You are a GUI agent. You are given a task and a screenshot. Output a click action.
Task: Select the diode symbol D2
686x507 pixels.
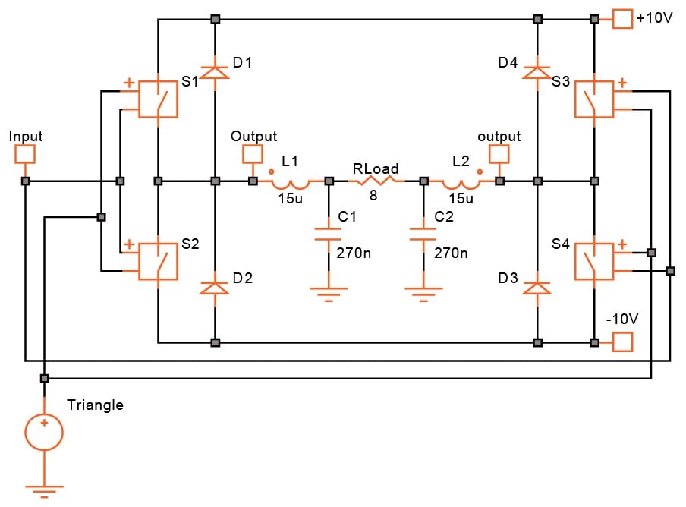(214, 288)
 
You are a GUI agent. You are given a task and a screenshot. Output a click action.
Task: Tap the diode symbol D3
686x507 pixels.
(537, 288)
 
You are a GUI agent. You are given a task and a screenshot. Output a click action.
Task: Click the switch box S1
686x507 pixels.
(158, 99)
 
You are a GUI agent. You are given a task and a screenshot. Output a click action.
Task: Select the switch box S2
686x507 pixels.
(158, 262)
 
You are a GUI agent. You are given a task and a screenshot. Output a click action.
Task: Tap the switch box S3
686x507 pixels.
(593, 99)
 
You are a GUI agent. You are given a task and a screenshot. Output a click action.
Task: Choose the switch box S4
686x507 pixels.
(593, 262)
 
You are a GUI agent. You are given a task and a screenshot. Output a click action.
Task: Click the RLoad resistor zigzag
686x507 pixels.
(376, 181)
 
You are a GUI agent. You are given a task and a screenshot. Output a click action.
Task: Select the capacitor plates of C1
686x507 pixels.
(329, 234)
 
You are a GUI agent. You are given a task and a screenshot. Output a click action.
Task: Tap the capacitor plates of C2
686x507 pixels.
(423, 234)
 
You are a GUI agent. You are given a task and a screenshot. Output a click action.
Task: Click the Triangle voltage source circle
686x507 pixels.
(44, 432)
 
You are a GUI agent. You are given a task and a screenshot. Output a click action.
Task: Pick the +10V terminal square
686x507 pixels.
(622, 19)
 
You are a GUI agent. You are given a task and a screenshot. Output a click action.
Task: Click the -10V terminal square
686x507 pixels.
(622, 342)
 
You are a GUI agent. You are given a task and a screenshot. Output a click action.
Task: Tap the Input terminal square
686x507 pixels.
(25, 154)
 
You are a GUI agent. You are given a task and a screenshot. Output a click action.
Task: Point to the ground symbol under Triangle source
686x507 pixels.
(44, 492)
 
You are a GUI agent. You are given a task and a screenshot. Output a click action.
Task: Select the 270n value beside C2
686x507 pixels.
(451, 253)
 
